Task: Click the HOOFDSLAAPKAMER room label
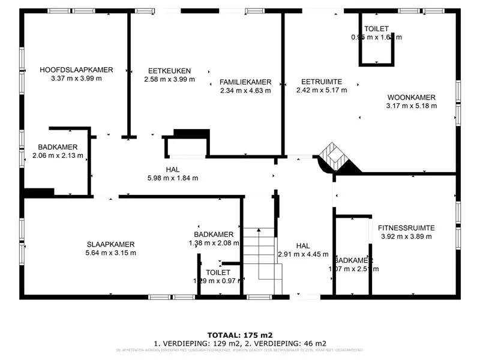click(x=76, y=70)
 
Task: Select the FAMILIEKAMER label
click(x=245, y=82)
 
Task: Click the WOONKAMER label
click(x=411, y=97)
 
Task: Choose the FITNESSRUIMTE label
click(x=406, y=228)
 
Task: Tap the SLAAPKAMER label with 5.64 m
click(x=110, y=244)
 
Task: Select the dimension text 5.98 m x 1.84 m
click(x=173, y=178)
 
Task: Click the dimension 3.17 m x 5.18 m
click(x=411, y=106)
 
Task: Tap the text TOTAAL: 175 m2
click(x=240, y=334)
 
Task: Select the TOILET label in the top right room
click(x=376, y=29)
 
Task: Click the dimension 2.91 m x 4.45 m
click(x=302, y=254)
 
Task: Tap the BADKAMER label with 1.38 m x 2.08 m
click(x=214, y=234)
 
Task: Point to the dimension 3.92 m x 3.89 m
click(x=406, y=236)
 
